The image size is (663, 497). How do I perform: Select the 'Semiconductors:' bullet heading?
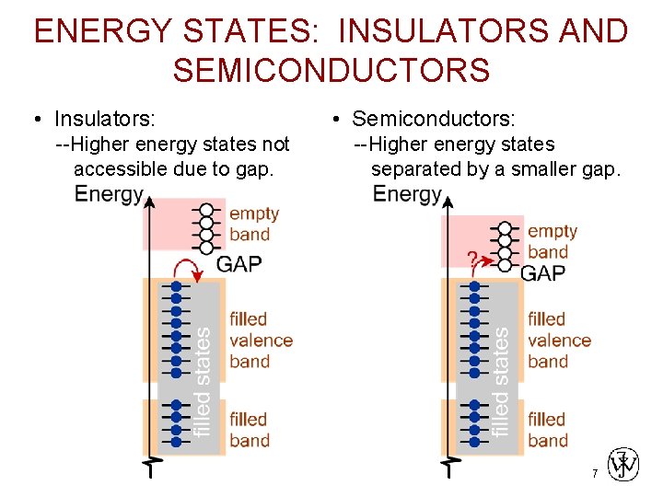[x=434, y=119]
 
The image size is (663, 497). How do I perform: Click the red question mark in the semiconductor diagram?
[x=471, y=259]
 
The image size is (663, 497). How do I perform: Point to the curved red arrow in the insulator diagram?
[x=191, y=268]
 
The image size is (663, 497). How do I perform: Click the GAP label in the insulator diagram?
[x=239, y=264]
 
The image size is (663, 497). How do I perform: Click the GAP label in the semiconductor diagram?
[x=543, y=272]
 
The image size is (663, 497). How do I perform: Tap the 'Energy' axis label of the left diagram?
[x=109, y=193]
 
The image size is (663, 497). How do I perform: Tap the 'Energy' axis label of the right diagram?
[x=408, y=193]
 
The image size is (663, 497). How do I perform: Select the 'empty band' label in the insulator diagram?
[x=253, y=224]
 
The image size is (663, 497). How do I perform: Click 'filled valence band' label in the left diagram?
[x=261, y=340]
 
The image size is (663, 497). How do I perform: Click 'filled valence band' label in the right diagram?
[x=559, y=340]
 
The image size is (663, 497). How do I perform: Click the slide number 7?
[x=595, y=474]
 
